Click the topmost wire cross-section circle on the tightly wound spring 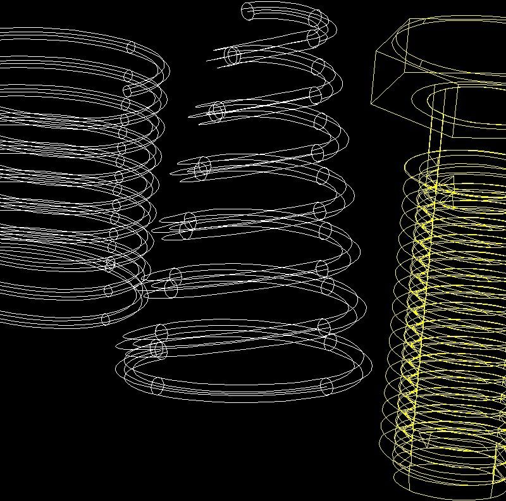click(132, 47)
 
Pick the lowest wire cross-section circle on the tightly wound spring click(106, 319)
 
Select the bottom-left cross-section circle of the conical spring click(157, 385)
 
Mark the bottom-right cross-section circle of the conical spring click(326, 387)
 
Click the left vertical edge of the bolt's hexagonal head click(373, 77)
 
